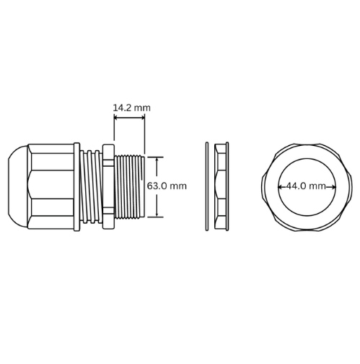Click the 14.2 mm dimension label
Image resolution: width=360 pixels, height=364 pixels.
click(x=132, y=108)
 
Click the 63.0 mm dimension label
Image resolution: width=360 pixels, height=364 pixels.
click(x=167, y=186)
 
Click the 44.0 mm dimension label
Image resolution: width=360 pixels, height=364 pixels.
click(x=305, y=186)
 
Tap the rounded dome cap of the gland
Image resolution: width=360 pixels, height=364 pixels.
click(x=18, y=186)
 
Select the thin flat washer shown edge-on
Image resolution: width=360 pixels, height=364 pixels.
click(x=207, y=186)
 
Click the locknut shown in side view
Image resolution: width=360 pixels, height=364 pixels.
click(x=221, y=186)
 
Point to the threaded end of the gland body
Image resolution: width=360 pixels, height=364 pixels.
click(x=130, y=187)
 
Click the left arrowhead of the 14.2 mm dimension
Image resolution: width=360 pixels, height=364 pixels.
click(x=116, y=118)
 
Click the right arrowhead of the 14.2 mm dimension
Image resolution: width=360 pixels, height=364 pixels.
click(x=143, y=118)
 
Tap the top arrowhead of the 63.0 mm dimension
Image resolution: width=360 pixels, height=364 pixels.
click(x=157, y=160)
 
